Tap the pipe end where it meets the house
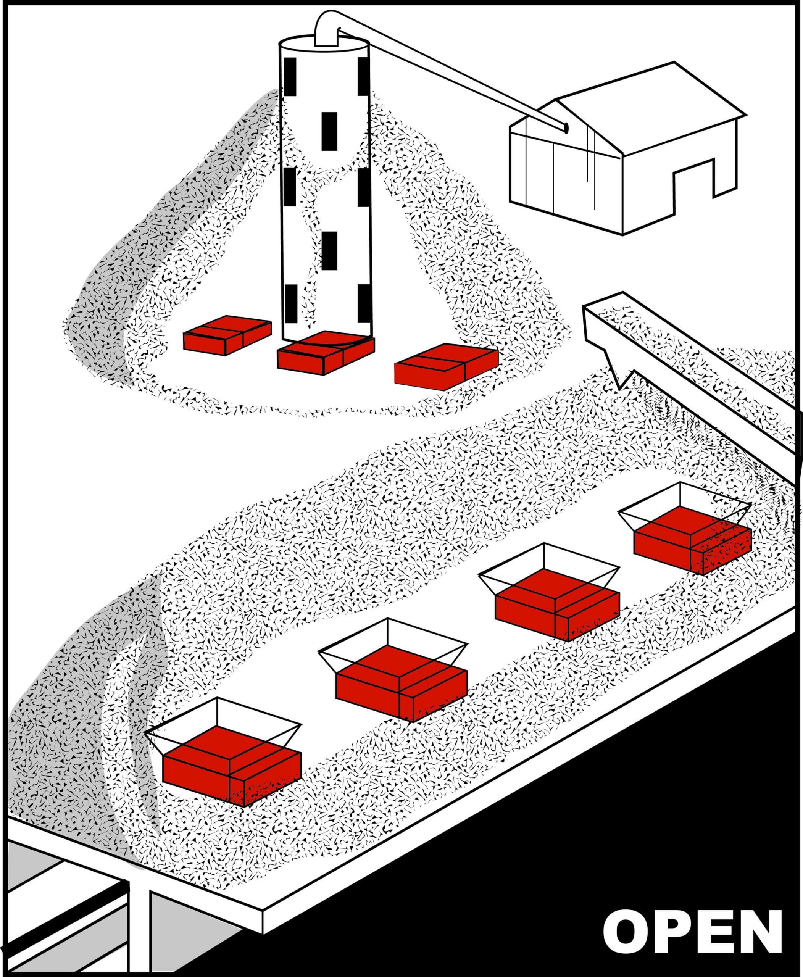565,127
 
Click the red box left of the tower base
227,335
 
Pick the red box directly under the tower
326,353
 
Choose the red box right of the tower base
446,366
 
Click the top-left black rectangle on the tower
290,77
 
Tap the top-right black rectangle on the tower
364,76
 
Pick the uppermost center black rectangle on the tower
329,131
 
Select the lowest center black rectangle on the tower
329,251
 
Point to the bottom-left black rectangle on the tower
291,304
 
